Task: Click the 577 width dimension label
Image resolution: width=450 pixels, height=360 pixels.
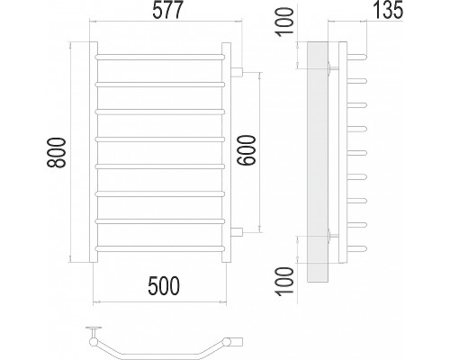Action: [167, 11]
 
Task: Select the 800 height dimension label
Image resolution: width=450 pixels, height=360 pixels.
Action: [56, 153]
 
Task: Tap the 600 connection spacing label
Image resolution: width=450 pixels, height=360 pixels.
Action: [246, 150]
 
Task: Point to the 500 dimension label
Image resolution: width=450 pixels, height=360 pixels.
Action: [164, 286]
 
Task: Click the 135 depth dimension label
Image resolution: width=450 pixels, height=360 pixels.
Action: [388, 11]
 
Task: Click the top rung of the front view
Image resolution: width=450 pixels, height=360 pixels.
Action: [160, 57]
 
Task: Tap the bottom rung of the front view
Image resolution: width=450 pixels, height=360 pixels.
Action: [160, 248]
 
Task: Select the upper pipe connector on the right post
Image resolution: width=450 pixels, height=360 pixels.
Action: [237, 72]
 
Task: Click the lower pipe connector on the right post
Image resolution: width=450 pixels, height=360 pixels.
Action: [237, 232]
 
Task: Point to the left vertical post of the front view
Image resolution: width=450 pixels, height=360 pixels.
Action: [94, 152]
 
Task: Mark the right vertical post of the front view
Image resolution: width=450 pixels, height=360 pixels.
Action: [226, 152]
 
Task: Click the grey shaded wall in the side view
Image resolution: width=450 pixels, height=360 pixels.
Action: [318, 162]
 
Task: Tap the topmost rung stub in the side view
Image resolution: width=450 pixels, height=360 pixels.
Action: [357, 57]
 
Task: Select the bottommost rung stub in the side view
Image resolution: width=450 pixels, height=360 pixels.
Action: [357, 248]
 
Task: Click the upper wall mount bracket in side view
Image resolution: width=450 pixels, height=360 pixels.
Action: [333, 68]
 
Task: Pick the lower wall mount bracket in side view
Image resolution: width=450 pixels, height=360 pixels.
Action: [333, 236]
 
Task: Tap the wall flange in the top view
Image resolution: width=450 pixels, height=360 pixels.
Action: [94, 328]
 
